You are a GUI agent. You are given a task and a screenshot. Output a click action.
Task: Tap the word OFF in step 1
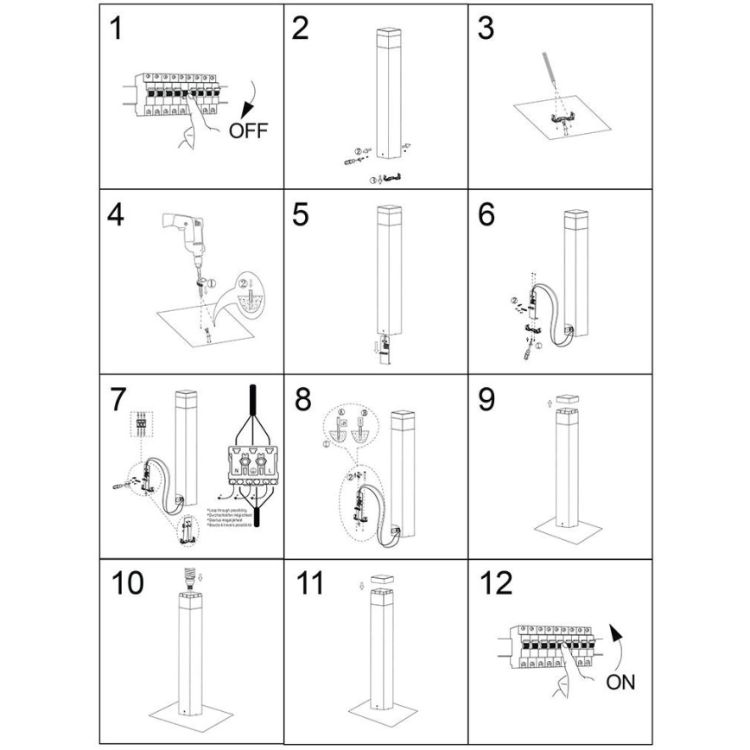click(x=250, y=131)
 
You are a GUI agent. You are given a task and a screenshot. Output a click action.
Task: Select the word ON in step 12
click(x=620, y=683)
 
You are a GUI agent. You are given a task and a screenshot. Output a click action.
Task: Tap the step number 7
click(x=118, y=401)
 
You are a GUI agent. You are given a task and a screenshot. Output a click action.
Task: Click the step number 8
click(x=301, y=401)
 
